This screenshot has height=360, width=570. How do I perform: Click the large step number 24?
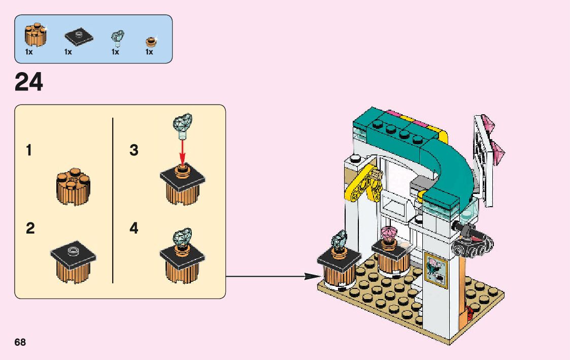(x=29, y=82)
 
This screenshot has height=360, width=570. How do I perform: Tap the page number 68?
(x=20, y=342)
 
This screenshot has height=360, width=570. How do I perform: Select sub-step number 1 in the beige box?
(x=29, y=151)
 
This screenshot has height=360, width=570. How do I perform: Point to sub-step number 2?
(x=30, y=228)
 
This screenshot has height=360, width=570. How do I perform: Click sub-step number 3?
(x=134, y=151)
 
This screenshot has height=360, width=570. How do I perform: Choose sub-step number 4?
(x=134, y=228)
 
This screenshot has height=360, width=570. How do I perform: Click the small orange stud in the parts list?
(x=150, y=41)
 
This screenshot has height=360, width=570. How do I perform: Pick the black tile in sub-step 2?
(x=74, y=252)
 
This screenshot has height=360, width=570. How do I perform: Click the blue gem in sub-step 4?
(x=183, y=237)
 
